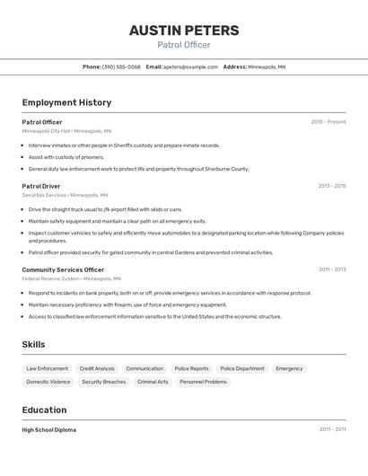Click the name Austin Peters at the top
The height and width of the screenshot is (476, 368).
point(184,31)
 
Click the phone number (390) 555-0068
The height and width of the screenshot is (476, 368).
point(121,66)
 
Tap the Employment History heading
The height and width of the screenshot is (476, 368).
point(66,102)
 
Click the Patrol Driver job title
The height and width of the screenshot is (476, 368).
point(41,186)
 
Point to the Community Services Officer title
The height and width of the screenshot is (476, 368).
point(63,269)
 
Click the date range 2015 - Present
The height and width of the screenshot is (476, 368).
point(328,122)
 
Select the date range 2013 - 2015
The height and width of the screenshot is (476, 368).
point(331,186)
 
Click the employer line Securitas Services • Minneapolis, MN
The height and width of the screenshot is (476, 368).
point(65,195)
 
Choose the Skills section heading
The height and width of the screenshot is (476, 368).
point(33,344)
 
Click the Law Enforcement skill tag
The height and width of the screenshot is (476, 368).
point(47,368)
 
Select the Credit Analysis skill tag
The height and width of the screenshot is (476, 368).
point(97,368)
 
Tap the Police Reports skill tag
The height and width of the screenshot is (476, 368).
point(191,368)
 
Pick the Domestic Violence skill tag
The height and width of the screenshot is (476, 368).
point(48,382)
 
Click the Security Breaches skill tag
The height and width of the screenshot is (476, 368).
point(104,382)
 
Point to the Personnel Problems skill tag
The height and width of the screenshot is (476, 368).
point(203,382)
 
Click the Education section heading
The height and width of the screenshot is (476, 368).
point(45,410)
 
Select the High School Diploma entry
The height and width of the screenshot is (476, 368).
point(49,429)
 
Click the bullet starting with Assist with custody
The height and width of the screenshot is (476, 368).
point(66,157)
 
